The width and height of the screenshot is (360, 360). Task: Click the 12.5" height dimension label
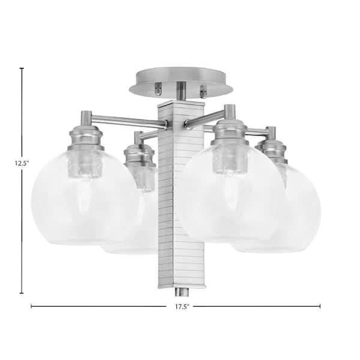[x=22, y=163]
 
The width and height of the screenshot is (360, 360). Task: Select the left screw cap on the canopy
[x=158, y=89]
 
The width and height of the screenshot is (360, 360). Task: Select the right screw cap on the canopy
[x=203, y=91]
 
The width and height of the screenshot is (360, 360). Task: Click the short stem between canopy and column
[x=181, y=91]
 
